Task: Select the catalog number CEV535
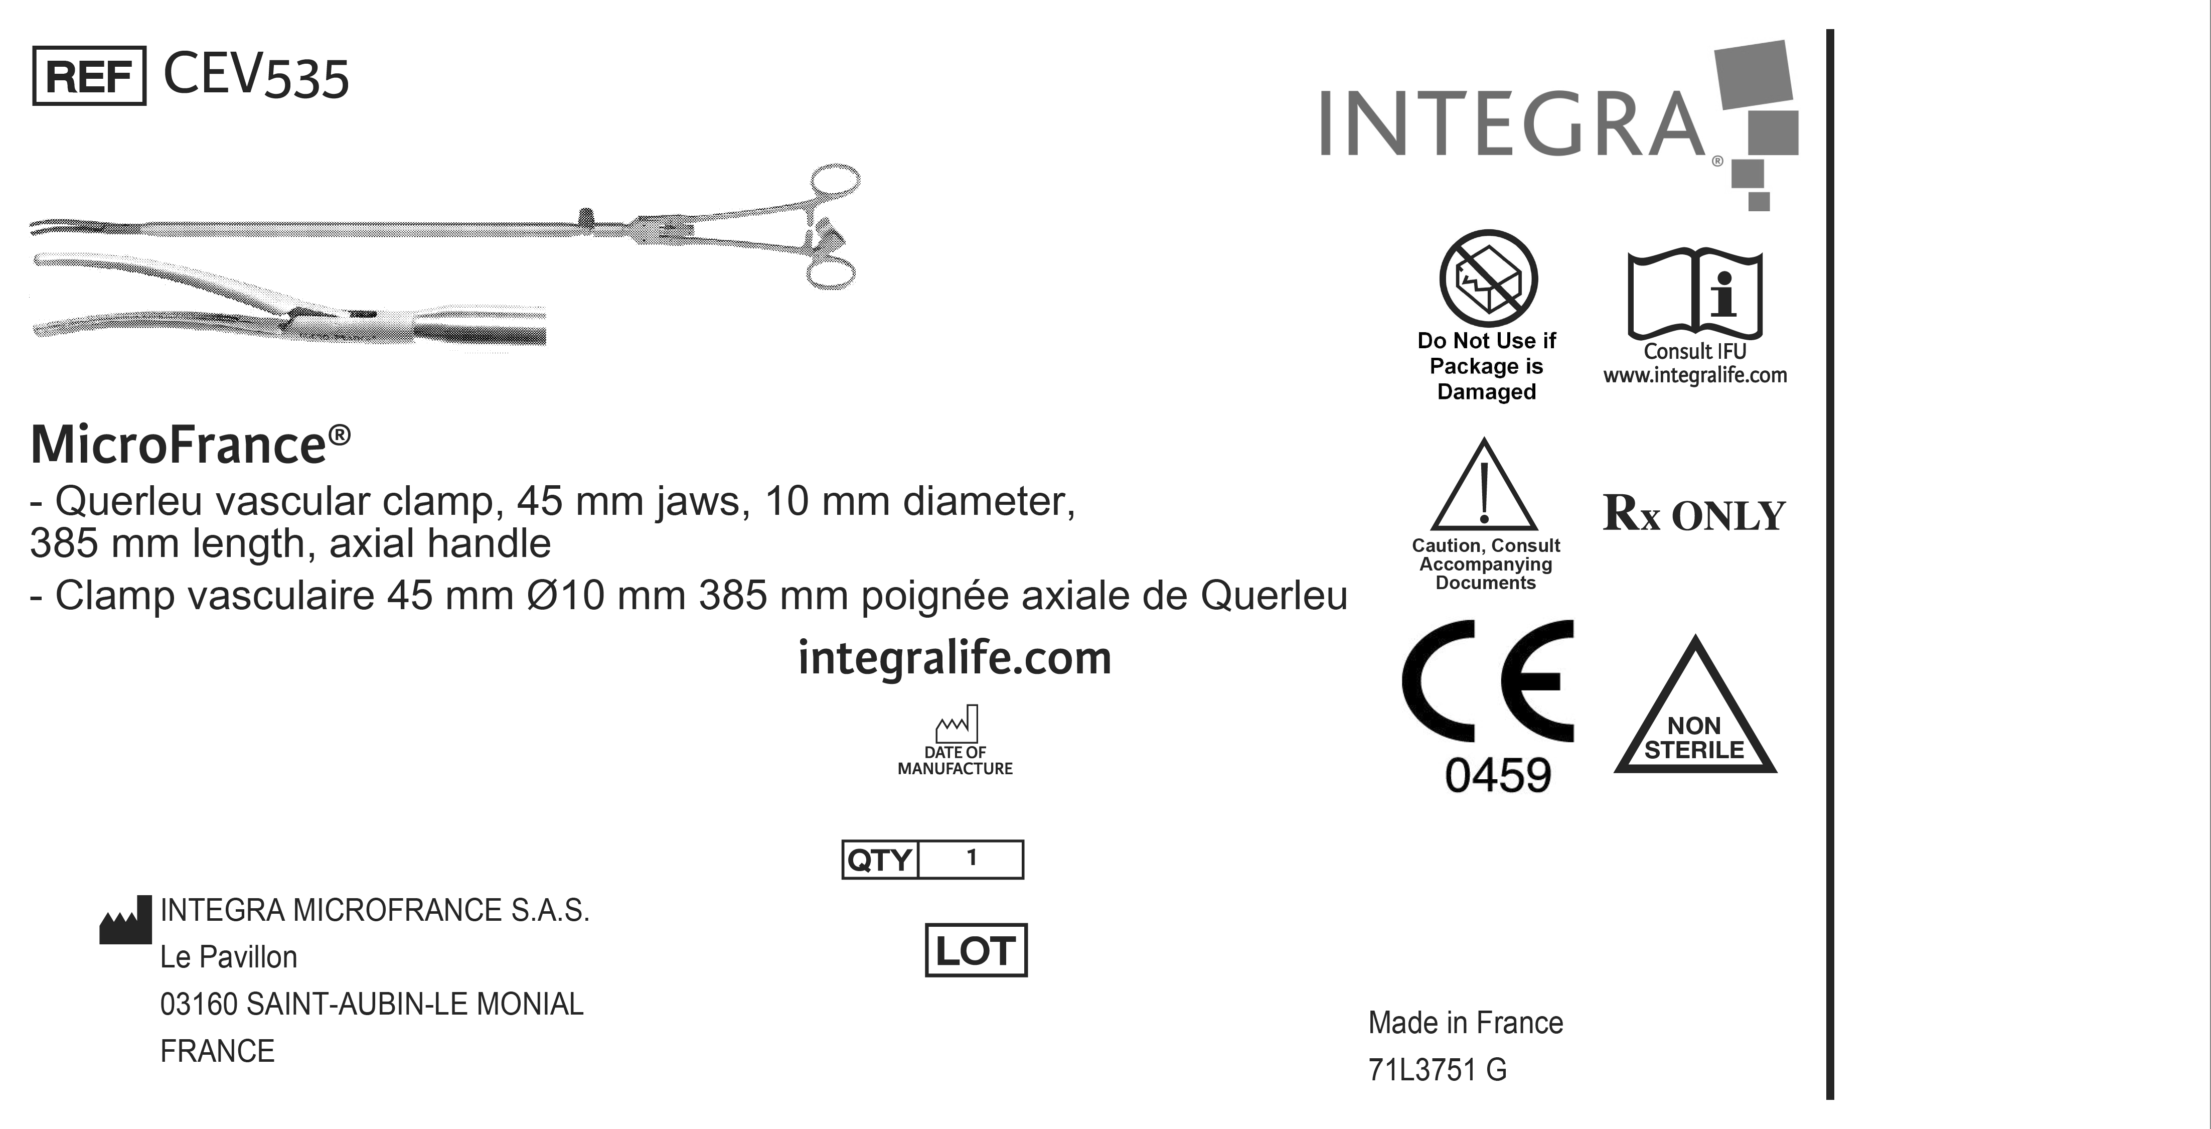256,76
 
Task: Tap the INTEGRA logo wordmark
1512,124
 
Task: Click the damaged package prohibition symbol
1488,277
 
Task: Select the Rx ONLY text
1694,514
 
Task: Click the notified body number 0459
1498,775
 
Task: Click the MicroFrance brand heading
191,444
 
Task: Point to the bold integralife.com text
955,658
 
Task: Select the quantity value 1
972,858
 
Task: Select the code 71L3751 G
1438,1070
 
